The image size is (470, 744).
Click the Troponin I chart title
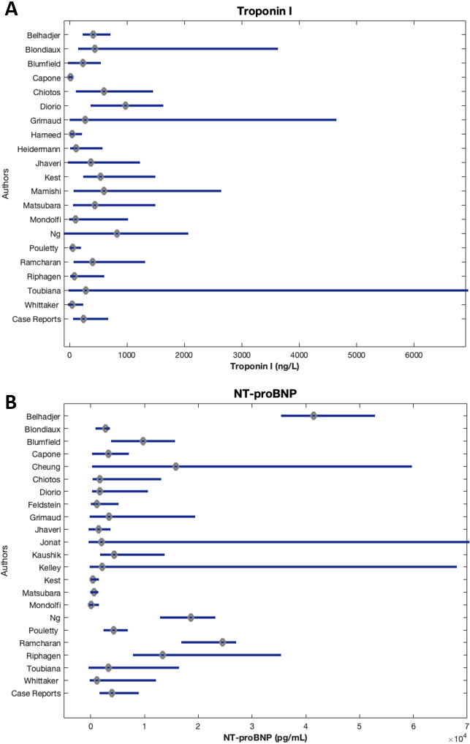[x=264, y=11]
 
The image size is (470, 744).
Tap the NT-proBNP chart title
[x=265, y=394]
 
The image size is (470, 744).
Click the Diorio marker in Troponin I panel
[x=125, y=106]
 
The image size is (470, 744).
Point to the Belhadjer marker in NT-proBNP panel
[x=314, y=416]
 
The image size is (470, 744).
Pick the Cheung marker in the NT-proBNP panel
[x=176, y=467]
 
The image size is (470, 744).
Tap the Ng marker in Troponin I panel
[x=117, y=233]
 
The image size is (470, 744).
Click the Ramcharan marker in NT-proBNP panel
[x=222, y=643]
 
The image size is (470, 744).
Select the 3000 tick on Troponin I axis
[x=242, y=356]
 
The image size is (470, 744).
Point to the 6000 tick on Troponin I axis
[x=414, y=356]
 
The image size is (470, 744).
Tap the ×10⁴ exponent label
[x=457, y=739]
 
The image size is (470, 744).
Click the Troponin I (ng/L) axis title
[x=265, y=367]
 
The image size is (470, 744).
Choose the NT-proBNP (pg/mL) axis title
[x=265, y=738]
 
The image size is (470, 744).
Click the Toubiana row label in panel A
[x=44, y=291]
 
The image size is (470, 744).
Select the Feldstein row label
[x=44, y=505]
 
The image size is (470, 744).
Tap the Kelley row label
[x=50, y=568]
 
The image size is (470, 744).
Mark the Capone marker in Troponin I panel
[x=70, y=78]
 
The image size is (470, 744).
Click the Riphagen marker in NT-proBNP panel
[x=163, y=655]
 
